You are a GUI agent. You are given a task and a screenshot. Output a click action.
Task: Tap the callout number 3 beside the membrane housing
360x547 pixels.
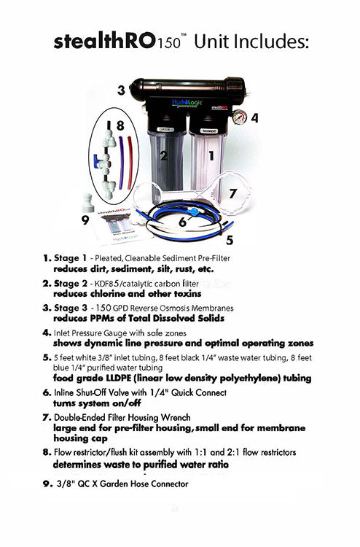click(121, 91)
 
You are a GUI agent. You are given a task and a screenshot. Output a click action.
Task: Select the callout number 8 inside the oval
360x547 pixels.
click(120, 125)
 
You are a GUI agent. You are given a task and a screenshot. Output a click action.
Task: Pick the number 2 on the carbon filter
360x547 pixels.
click(165, 155)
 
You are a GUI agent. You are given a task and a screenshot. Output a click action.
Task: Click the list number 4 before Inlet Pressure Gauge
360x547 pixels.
click(47, 332)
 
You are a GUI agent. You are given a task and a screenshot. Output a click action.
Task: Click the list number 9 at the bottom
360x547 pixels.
click(47, 483)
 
